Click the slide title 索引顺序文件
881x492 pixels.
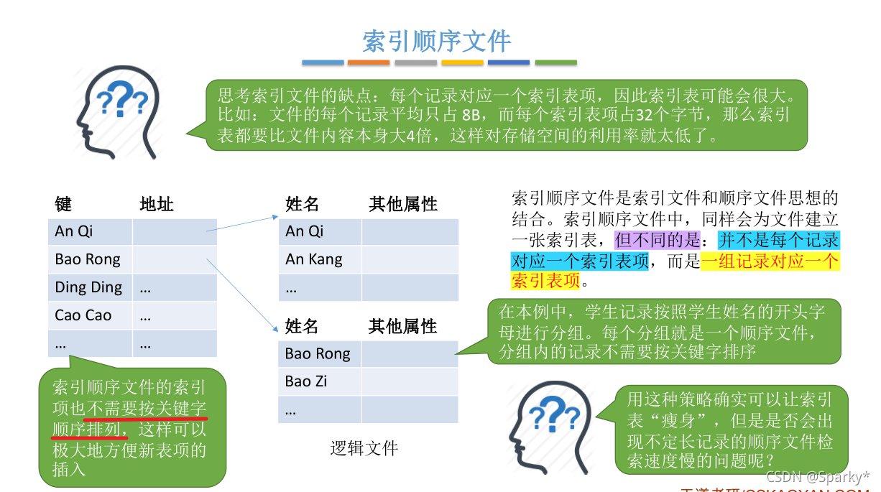pyautogui.click(x=436, y=41)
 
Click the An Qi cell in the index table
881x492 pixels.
pyautogui.click(x=84, y=231)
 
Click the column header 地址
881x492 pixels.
pyautogui.click(x=157, y=205)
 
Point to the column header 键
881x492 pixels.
pyautogui.click(x=63, y=205)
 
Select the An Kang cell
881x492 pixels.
pyautogui.click(x=314, y=259)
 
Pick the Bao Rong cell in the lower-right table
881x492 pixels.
pyautogui.click(x=318, y=353)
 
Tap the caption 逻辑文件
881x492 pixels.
pyautogui.click(x=364, y=449)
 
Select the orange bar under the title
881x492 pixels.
pyautogui.click(x=369, y=62)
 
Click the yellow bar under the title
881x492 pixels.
pyautogui.click(x=462, y=62)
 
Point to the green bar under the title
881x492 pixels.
pyautogui.click(x=555, y=62)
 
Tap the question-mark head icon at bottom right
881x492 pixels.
pyautogui.click(x=549, y=427)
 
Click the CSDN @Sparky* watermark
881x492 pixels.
pyautogui.click(x=817, y=477)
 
